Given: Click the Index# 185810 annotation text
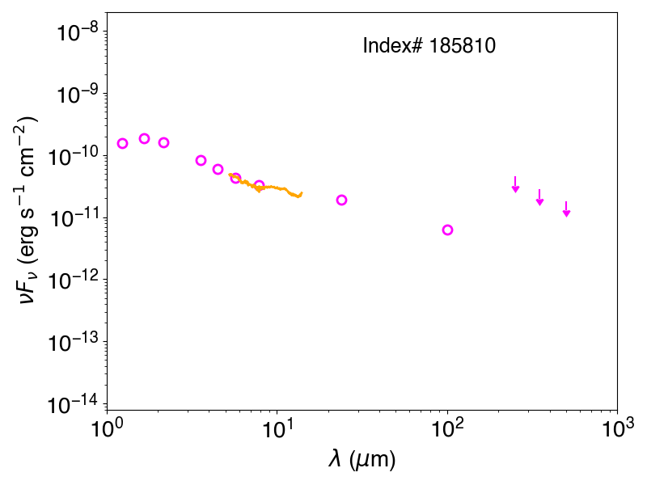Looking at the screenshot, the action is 429,45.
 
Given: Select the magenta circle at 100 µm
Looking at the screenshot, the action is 448,230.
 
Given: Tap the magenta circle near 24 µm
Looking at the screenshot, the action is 341,200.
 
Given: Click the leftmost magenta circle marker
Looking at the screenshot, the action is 122,144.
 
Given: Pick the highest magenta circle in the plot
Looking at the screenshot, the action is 144,138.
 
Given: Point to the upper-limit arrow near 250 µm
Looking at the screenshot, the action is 515,184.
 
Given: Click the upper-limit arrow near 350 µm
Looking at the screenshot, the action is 539,197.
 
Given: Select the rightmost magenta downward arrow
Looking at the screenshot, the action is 567,209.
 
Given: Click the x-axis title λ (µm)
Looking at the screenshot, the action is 362,459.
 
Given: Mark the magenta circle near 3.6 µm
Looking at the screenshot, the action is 201,160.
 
